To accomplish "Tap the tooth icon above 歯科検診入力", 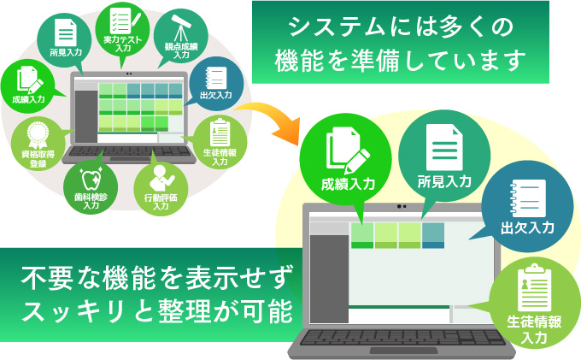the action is pyautogui.click(x=91, y=179).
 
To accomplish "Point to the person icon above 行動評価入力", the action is pyautogui.click(x=161, y=178).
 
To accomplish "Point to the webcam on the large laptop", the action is pyautogui.click(x=402, y=207).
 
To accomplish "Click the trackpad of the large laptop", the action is pyautogui.click(x=403, y=351).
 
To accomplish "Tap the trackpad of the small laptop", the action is pyautogui.click(x=129, y=159).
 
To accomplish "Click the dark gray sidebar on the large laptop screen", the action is pyautogui.click(x=329, y=279).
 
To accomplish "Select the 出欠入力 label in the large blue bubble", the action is pyautogui.click(x=527, y=227).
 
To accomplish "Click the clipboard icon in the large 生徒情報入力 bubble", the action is pyautogui.click(x=534, y=287).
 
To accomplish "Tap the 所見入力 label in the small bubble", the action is pyautogui.click(x=66, y=52).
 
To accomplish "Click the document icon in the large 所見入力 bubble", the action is pyautogui.click(x=444, y=147).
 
